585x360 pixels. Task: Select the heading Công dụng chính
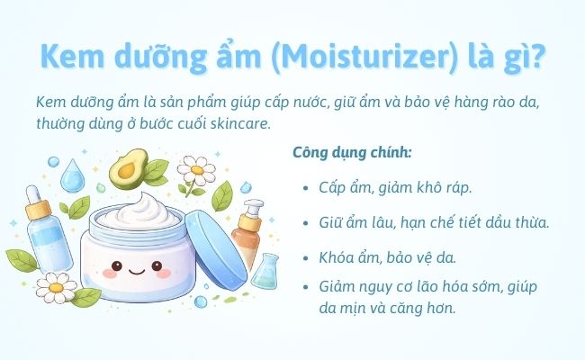352,152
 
